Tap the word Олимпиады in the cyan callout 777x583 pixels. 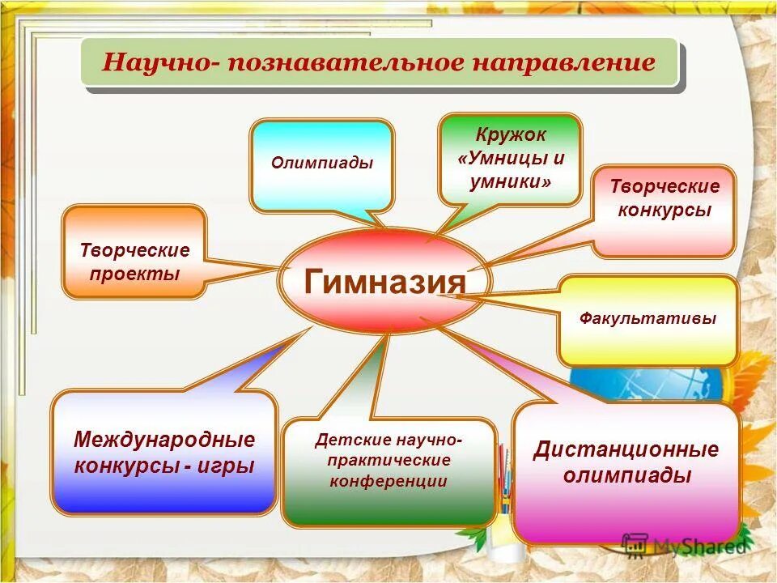click(x=322, y=163)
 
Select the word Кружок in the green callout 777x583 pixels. click(x=510, y=134)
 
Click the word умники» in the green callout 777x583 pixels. click(x=510, y=182)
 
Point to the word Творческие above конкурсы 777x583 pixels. click(x=664, y=187)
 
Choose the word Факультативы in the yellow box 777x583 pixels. click(x=647, y=319)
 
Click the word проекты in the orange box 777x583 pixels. click(x=134, y=274)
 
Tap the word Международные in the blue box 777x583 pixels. click(x=164, y=440)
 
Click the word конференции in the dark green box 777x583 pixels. click(x=388, y=481)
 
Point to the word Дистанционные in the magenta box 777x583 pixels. click(x=626, y=449)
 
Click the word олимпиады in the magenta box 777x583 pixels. click(x=626, y=475)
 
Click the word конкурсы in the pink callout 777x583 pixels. click(x=664, y=211)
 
